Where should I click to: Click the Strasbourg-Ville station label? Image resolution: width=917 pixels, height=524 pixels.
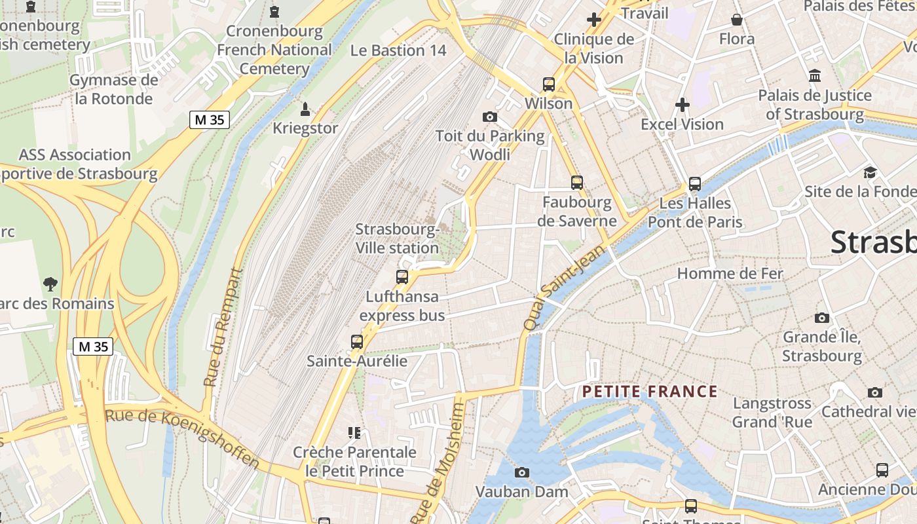click(x=397, y=239)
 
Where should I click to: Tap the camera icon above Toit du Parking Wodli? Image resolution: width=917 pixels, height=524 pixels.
click(x=489, y=117)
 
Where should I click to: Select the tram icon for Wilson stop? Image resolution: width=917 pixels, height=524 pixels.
click(x=549, y=84)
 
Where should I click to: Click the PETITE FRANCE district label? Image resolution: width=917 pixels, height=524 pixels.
click(x=650, y=392)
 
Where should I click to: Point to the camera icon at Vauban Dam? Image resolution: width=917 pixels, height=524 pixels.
click(x=522, y=472)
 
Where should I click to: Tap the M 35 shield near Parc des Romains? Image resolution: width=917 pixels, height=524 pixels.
click(x=93, y=346)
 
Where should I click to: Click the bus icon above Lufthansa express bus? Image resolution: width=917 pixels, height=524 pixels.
click(x=402, y=277)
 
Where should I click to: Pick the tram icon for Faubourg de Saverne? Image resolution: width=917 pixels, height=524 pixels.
click(x=577, y=183)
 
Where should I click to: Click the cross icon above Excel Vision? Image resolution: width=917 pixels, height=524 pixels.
click(x=683, y=105)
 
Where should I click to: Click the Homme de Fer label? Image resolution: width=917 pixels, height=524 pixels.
click(x=730, y=273)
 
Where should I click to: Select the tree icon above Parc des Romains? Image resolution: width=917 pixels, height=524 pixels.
click(x=50, y=284)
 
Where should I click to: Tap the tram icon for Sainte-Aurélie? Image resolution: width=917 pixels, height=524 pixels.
click(x=357, y=342)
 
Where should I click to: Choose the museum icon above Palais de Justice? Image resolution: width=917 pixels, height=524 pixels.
click(x=815, y=76)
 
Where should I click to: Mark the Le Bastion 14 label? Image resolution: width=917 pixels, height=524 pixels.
click(x=398, y=50)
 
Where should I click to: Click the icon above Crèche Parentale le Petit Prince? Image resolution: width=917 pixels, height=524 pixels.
click(x=354, y=432)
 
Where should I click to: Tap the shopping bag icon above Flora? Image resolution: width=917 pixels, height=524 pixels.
click(x=737, y=20)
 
